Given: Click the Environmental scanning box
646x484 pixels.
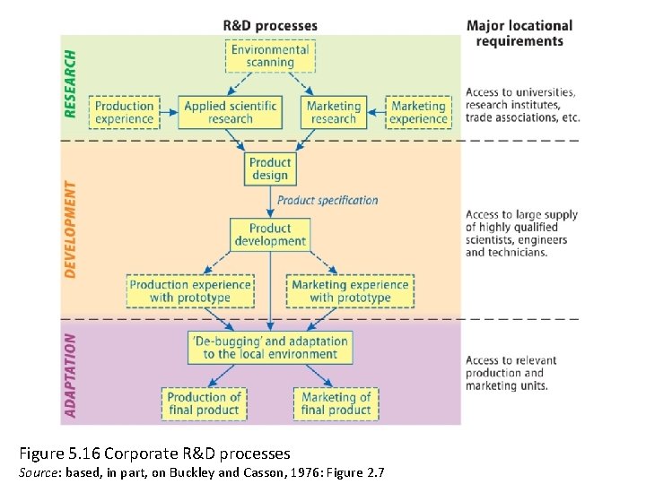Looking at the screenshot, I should point(270,56).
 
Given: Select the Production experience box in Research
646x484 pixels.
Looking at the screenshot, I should point(125,112).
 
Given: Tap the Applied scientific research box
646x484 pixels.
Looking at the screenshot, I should point(231,112).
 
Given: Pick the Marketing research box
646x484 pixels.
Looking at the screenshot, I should point(333,112).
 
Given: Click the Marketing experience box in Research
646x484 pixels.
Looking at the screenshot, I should point(418,112).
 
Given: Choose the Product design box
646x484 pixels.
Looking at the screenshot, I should point(270,169).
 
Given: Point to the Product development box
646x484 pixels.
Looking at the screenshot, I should point(270,235).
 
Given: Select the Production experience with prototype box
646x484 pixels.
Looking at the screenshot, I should point(190,291).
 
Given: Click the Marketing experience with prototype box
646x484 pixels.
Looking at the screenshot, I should point(350,291).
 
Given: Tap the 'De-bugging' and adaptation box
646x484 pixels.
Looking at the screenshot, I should point(270,347).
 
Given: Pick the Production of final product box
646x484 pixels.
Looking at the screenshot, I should point(204,403).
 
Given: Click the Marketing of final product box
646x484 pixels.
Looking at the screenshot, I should point(336,403).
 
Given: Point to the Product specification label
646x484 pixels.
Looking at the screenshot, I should point(327,200).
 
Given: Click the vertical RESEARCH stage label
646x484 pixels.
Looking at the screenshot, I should point(71,82).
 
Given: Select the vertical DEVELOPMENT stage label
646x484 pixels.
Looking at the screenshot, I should point(71,229).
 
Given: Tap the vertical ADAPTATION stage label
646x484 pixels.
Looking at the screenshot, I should point(71,376).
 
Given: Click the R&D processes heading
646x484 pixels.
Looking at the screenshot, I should point(270,25).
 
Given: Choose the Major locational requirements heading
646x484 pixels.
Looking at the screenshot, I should point(519,33).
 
